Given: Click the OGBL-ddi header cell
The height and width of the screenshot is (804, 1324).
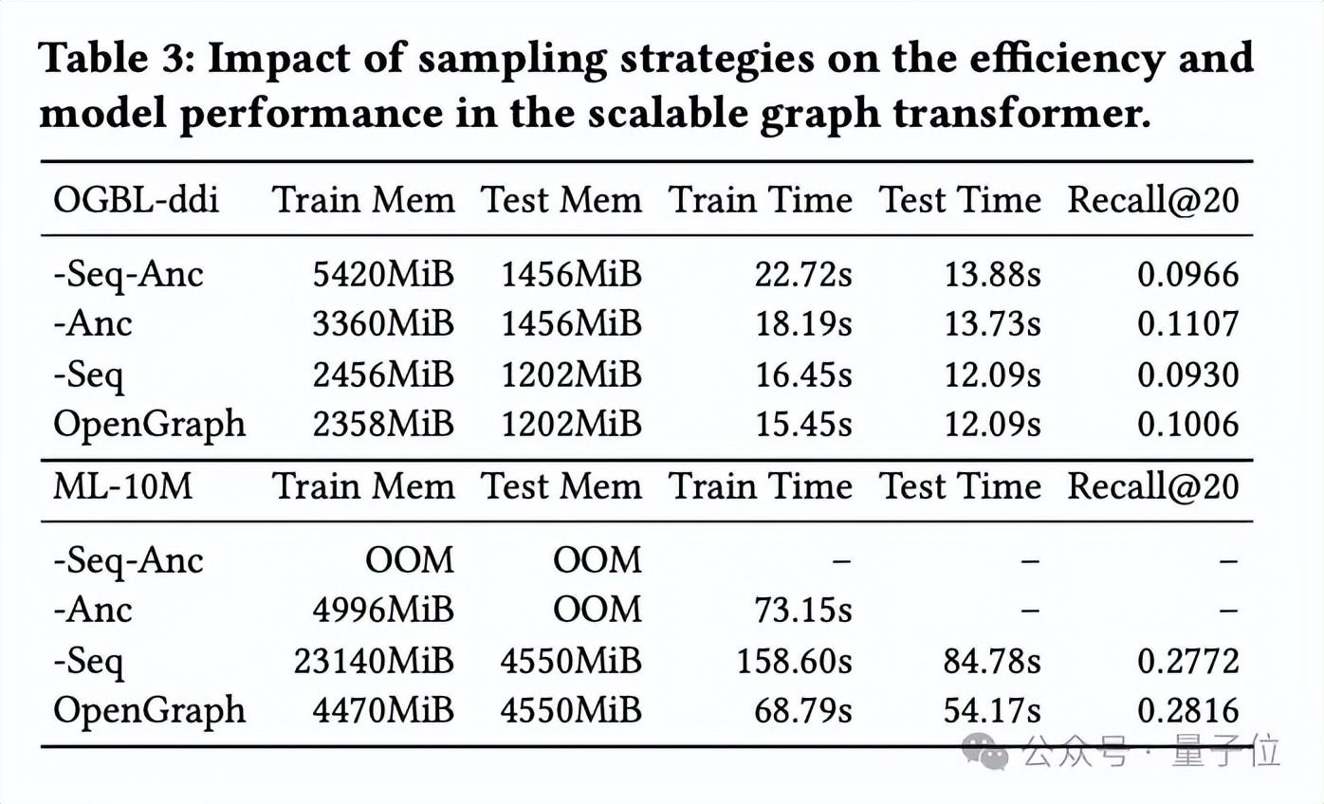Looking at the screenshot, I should click(x=136, y=200).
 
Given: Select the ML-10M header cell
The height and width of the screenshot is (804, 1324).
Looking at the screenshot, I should click(x=122, y=486).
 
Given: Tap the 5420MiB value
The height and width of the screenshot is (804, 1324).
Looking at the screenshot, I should click(x=383, y=275).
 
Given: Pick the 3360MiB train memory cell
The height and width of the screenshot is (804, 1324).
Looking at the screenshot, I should click(x=383, y=324).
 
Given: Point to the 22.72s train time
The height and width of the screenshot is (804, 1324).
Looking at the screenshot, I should click(x=803, y=275).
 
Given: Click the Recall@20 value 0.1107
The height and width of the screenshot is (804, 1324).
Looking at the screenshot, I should click(x=1188, y=324).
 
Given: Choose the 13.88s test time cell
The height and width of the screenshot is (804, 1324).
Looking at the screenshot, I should click(x=992, y=275).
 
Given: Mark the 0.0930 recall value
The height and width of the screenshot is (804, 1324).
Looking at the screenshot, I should click(x=1188, y=375).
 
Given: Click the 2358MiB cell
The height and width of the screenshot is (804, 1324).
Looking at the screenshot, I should click(x=383, y=424).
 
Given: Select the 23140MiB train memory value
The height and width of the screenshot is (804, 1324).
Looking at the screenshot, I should click(x=374, y=661).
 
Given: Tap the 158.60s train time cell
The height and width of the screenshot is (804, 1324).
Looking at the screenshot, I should click(x=795, y=661).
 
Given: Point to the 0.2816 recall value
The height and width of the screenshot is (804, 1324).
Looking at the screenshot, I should click(x=1188, y=710).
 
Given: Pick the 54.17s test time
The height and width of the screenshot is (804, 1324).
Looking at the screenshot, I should click(x=992, y=710).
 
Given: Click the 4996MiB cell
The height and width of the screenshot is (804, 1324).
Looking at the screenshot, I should click(x=383, y=610).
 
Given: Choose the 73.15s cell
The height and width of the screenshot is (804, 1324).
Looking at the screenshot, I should click(x=803, y=610).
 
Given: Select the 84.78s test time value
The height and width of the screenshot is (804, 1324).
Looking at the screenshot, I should click(x=992, y=661).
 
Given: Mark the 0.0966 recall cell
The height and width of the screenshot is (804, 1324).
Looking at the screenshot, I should click(x=1188, y=275).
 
